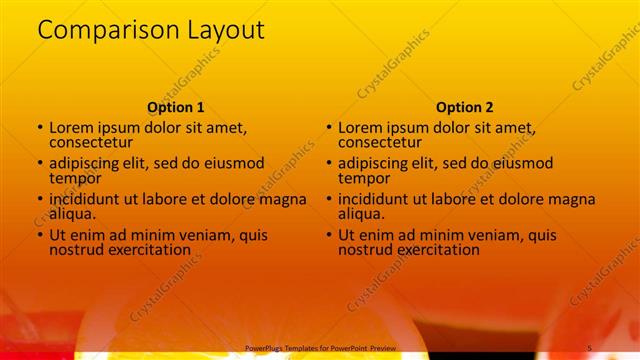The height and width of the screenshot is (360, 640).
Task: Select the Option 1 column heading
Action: tap(176, 107)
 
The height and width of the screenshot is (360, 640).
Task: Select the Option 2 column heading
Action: tap(464, 107)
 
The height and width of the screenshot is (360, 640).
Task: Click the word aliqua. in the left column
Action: tap(73, 213)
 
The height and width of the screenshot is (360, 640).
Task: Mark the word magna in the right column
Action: tap(572, 200)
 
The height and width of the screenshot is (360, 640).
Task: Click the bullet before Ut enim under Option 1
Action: tap(40, 236)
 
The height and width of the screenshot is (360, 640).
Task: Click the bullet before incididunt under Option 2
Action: tap(328, 200)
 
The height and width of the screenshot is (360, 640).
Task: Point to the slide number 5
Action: tap(590, 347)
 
